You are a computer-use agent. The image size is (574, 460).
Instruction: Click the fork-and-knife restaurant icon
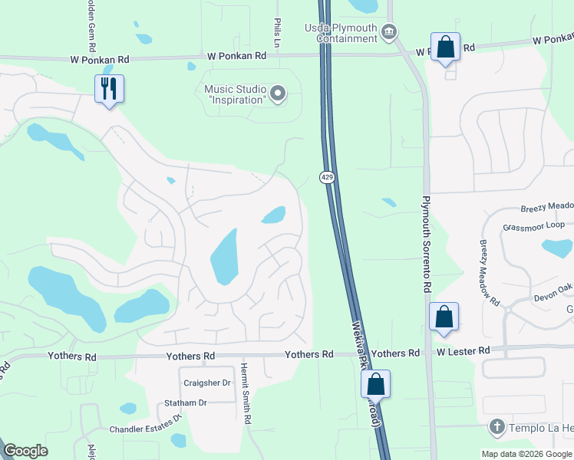109,88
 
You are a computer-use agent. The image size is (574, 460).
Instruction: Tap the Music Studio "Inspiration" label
235,94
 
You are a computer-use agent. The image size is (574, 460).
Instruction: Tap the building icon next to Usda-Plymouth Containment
389,31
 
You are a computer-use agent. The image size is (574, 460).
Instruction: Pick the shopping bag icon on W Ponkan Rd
445,48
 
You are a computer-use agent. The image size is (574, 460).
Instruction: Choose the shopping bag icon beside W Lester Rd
444,317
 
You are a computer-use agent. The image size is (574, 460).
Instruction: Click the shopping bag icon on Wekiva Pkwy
375,384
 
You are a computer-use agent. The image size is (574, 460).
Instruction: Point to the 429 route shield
325,177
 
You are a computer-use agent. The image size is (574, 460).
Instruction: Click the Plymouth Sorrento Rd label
426,244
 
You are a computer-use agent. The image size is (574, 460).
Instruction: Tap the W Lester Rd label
463,351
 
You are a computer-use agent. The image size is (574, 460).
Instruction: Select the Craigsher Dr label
207,383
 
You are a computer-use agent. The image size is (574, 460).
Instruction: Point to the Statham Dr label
186,402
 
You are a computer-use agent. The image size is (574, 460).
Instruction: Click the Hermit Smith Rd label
246,394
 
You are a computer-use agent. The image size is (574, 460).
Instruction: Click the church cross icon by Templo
496,426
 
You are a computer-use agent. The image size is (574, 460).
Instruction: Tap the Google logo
25,451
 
